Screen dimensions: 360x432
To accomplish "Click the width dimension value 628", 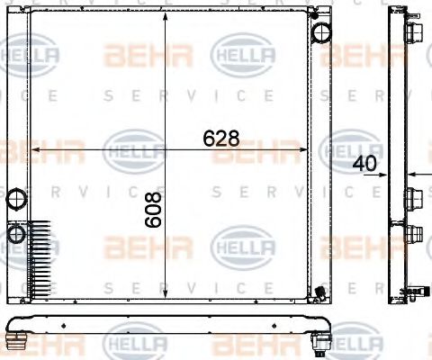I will point(221,139).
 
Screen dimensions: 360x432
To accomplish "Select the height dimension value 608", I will point(152,209).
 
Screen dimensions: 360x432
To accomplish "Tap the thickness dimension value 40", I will point(364,164).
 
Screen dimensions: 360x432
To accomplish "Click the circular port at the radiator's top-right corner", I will point(321,33).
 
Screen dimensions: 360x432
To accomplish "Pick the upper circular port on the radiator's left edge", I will point(16,198).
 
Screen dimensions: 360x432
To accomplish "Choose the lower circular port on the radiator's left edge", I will point(16,234).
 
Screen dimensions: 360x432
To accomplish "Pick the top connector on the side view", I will point(412,33).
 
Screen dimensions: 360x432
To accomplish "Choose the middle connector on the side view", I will point(412,197).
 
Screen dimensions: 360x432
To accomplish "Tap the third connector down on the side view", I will point(412,234).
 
